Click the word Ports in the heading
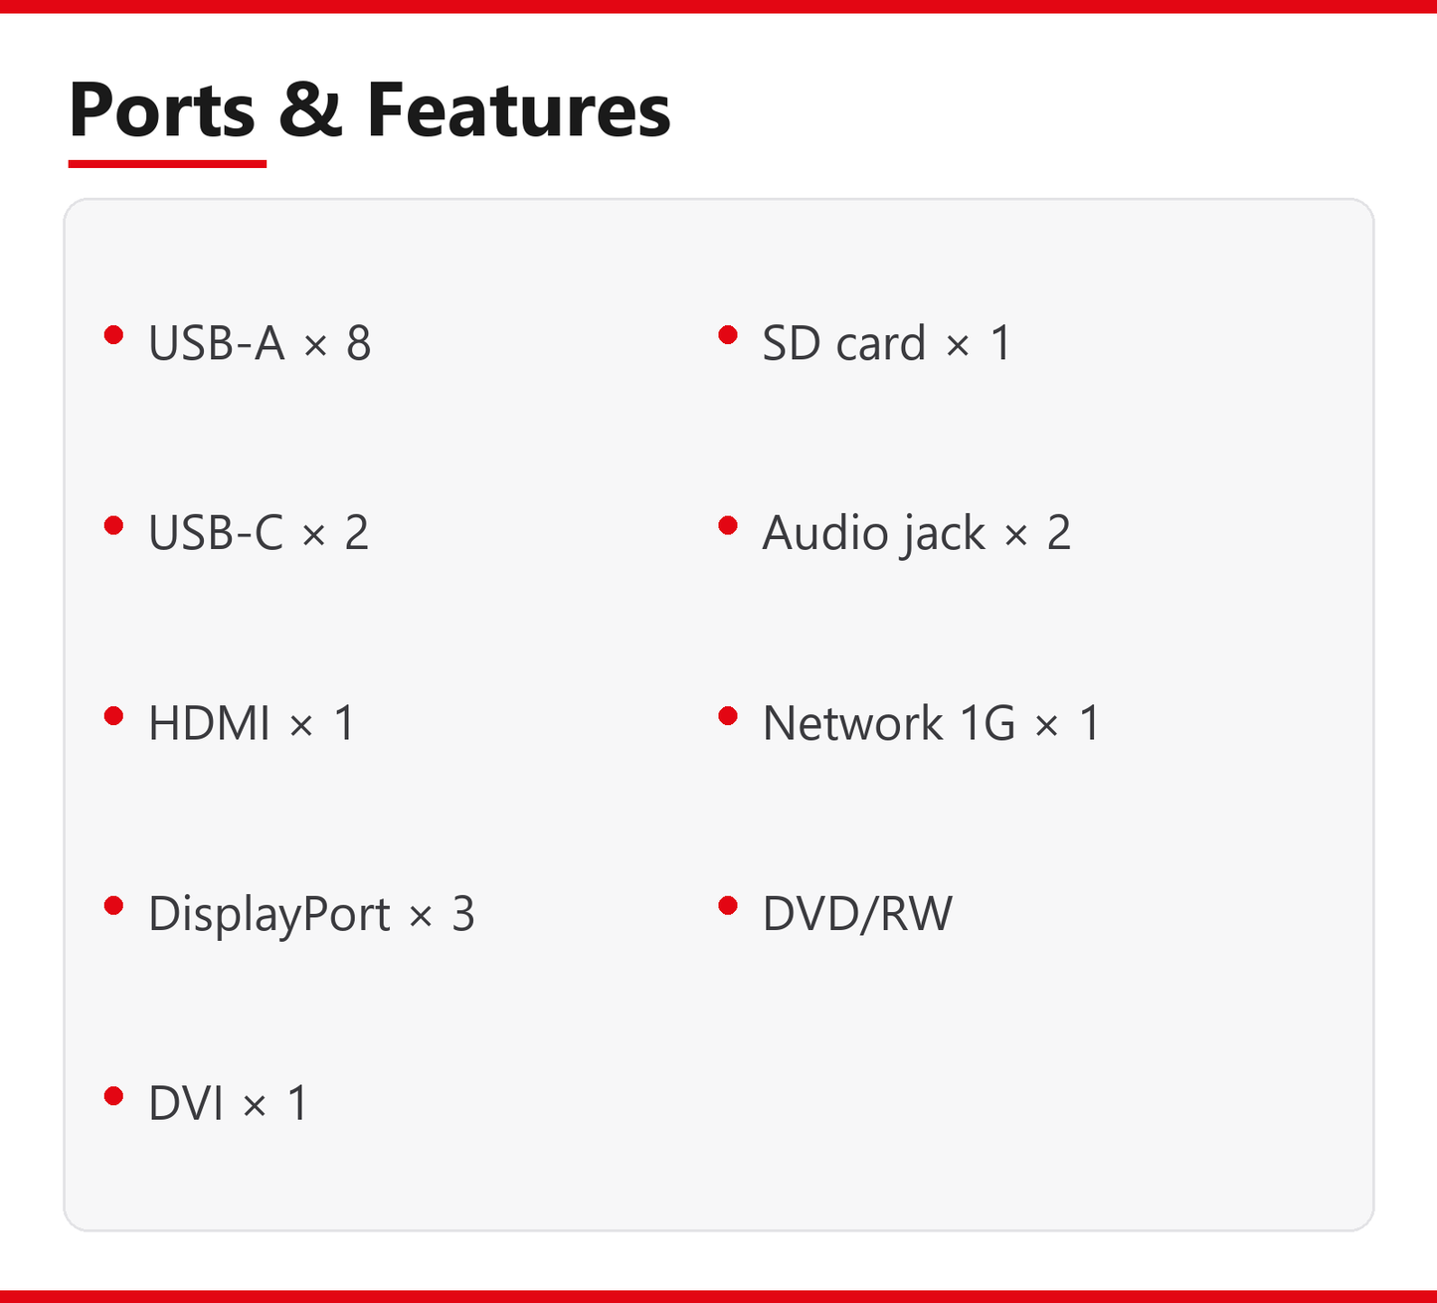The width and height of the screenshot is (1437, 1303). pos(163,109)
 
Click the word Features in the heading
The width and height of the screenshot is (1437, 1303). pos(519,109)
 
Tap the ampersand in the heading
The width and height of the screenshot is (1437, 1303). pos(310,109)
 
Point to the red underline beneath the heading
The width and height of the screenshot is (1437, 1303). pos(167,164)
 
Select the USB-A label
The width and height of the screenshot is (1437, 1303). pos(217,342)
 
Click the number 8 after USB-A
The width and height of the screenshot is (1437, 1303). pos(359,342)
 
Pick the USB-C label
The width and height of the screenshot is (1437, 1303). pos(216,532)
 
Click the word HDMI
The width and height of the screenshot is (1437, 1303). pos(209,722)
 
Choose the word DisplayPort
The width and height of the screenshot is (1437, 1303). pos(269,914)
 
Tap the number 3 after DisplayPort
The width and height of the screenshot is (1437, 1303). pos(463,914)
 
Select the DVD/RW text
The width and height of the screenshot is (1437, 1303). pos(857,914)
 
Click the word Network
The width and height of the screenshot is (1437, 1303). pos(852,722)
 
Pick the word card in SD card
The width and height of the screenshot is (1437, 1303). pos(881,342)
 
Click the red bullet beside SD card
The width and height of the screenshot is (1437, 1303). pos(728,335)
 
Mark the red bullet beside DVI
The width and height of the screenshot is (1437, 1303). pos(114,1096)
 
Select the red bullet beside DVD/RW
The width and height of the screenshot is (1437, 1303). pos(728,906)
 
